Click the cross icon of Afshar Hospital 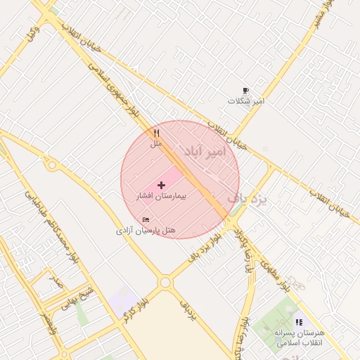tap(162, 185)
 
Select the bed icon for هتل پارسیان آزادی tap(146, 220)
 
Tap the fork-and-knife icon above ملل tap(156, 133)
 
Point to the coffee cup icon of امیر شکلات tap(245, 91)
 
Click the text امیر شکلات tap(245, 101)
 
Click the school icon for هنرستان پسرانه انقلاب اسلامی tap(300, 322)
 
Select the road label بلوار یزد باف tap(205, 247)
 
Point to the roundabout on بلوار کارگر tap(165, 282)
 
